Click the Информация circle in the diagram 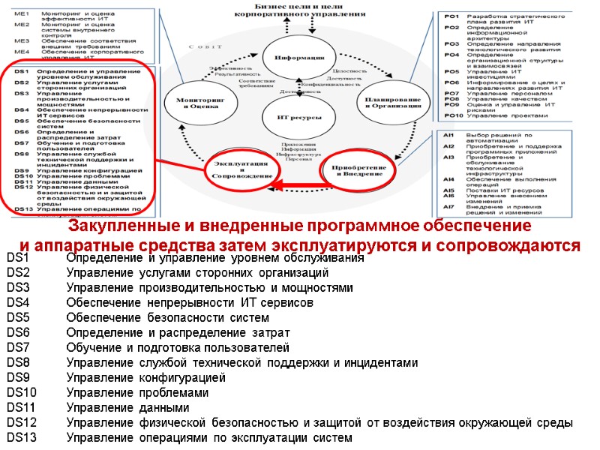click(x=299, y=58)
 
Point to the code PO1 click(x=451, y=16)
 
